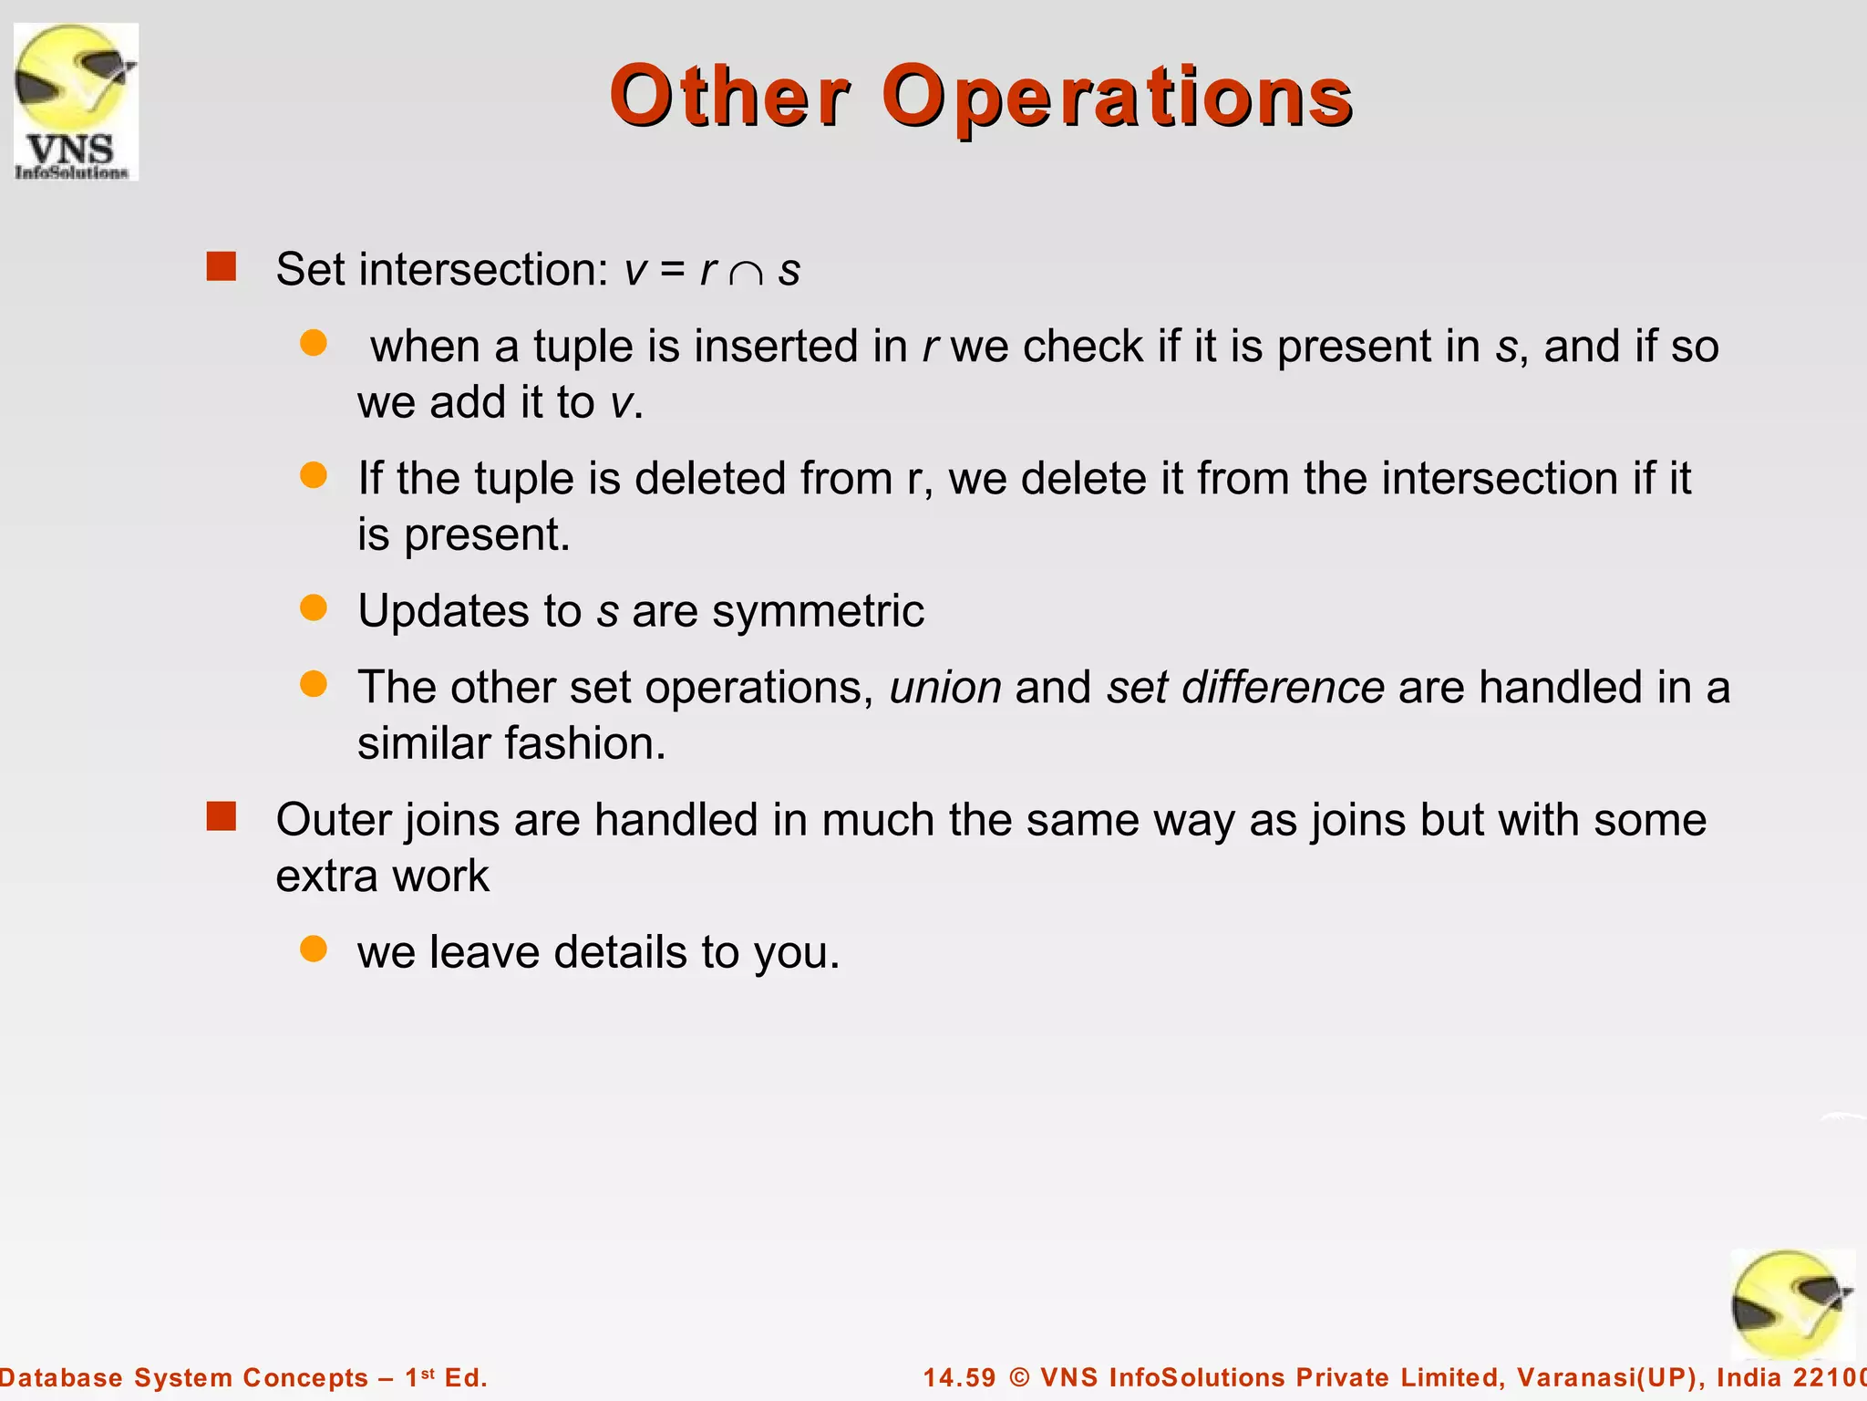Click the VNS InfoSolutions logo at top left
pyautogui.click(x=77, y=102)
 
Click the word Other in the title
pyautogui.click(x=729, y=97)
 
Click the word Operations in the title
pyautogui.click(x=1117, y=97)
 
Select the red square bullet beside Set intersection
pyautogui.click(x=222, y=266)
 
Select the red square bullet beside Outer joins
pyautogui.click(x=222, y=816)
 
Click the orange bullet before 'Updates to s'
pyautogui.click(x=314, y=607)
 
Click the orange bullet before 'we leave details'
pyautogui.click(x=314, y=949)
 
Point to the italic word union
pyautogui.click(x=945, y=688)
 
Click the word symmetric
pyautogui.click(x=818, y=611)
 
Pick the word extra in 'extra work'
pyautogui.click(x=326, y=877)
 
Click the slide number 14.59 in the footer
pyautogui.click(x=959, y=1377)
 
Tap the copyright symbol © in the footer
pyautogui.click(x=1019, y=1377)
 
